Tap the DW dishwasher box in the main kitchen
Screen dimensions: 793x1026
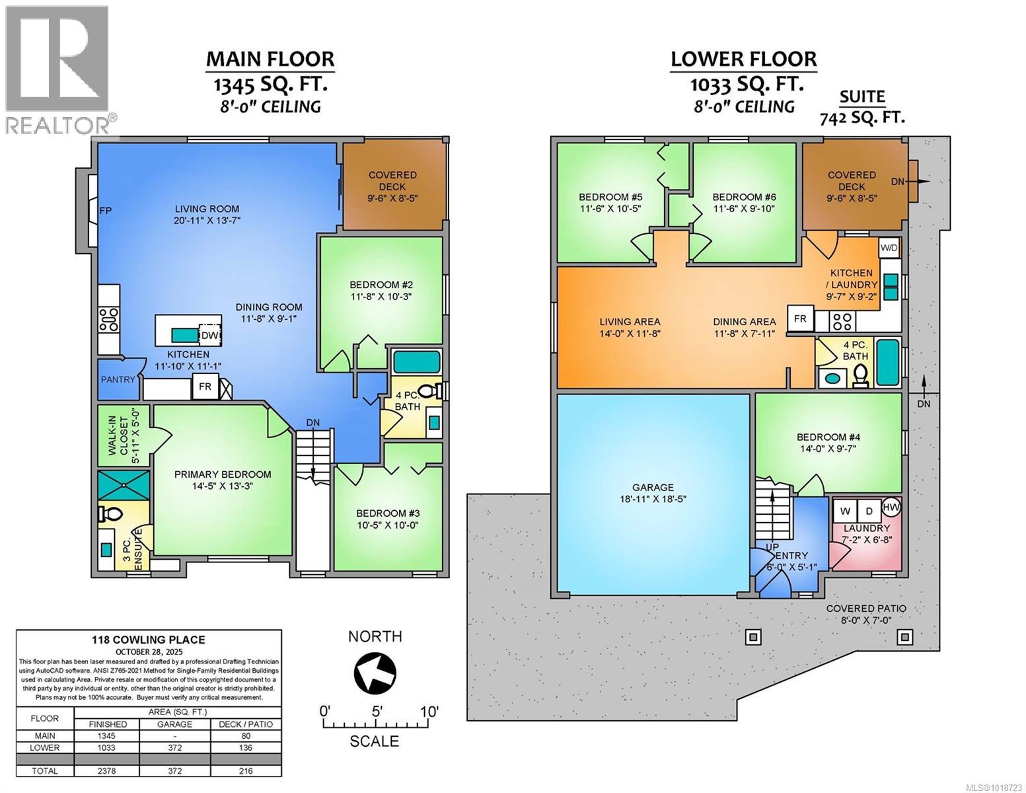click(209, 336)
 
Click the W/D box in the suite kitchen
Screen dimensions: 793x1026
click(889, 248)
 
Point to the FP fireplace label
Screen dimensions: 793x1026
click(106, 211)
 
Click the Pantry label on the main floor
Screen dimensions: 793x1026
click(118, 380)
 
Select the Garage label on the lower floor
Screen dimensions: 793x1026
click(653, 487)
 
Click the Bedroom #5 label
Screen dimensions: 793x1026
click(610, 197)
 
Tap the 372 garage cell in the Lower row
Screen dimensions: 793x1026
click(174, 747)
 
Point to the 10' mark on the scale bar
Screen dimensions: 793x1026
click(429, 712)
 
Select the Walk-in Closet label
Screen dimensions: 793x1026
click(123, 435)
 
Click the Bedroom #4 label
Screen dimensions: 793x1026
click(829, 437)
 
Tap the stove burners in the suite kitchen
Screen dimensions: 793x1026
click(842, 321)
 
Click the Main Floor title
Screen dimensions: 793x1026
click(270, 59)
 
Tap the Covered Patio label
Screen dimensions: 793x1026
click(866, 609)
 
